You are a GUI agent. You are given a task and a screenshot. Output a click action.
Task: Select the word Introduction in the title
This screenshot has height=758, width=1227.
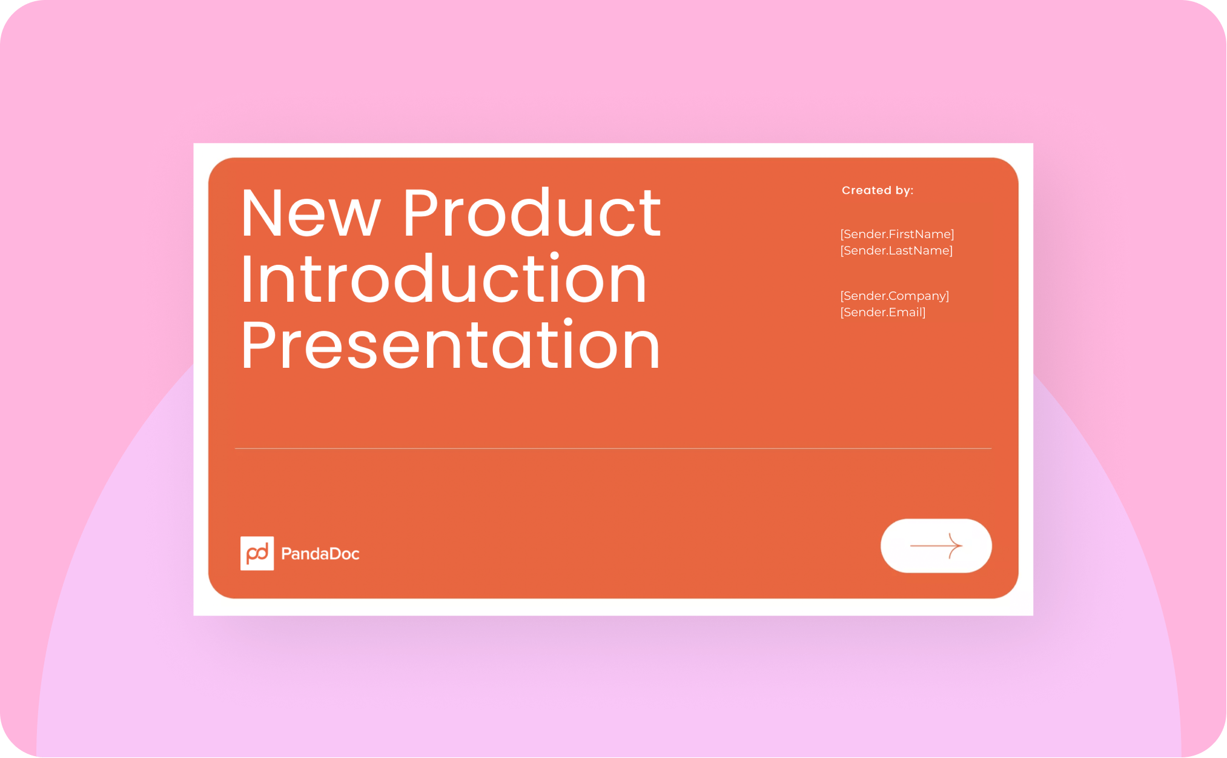[443, 279]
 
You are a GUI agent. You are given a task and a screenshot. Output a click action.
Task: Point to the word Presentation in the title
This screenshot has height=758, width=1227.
[450, 345]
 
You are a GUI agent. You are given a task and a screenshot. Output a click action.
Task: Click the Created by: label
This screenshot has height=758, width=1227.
[877, 190]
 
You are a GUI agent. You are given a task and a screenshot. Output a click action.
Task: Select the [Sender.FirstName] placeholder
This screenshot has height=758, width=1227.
[897, 234]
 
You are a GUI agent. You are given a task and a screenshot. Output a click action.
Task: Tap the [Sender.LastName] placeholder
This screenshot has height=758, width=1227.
[896, 250]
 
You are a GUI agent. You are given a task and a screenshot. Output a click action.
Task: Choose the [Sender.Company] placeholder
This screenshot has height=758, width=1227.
[895, 296]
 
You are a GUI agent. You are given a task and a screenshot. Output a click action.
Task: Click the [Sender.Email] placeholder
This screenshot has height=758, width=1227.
[883, 312]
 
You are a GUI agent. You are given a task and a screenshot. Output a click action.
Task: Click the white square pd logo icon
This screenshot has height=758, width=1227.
[257, 553]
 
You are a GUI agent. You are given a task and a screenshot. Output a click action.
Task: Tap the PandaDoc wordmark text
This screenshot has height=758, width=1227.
[320, 554]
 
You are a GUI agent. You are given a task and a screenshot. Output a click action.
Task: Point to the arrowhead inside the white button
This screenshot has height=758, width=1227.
[956, 545]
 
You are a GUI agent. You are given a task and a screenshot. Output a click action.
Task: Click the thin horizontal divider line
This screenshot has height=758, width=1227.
[613, 448]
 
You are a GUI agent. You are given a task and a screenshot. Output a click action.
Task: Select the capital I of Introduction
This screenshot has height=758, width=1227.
[245, 279]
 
